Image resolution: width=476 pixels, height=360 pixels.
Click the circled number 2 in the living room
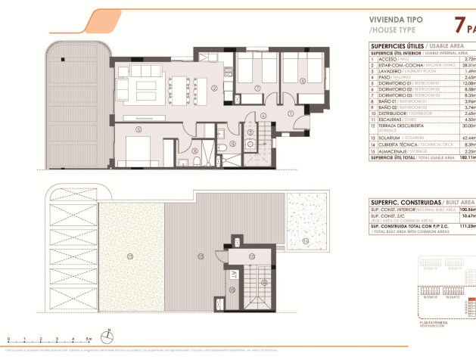coord(214,88)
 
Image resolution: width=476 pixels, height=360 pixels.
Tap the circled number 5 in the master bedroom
coord(138,129)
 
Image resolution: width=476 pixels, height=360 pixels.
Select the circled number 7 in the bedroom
coord(257,88)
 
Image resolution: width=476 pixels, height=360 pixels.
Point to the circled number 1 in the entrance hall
coord(291,113)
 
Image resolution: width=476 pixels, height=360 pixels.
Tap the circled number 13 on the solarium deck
coord(201,257)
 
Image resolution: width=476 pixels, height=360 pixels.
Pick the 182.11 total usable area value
coord(465,157)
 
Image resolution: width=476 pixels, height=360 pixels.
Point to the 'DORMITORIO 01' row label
coord(397,82)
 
